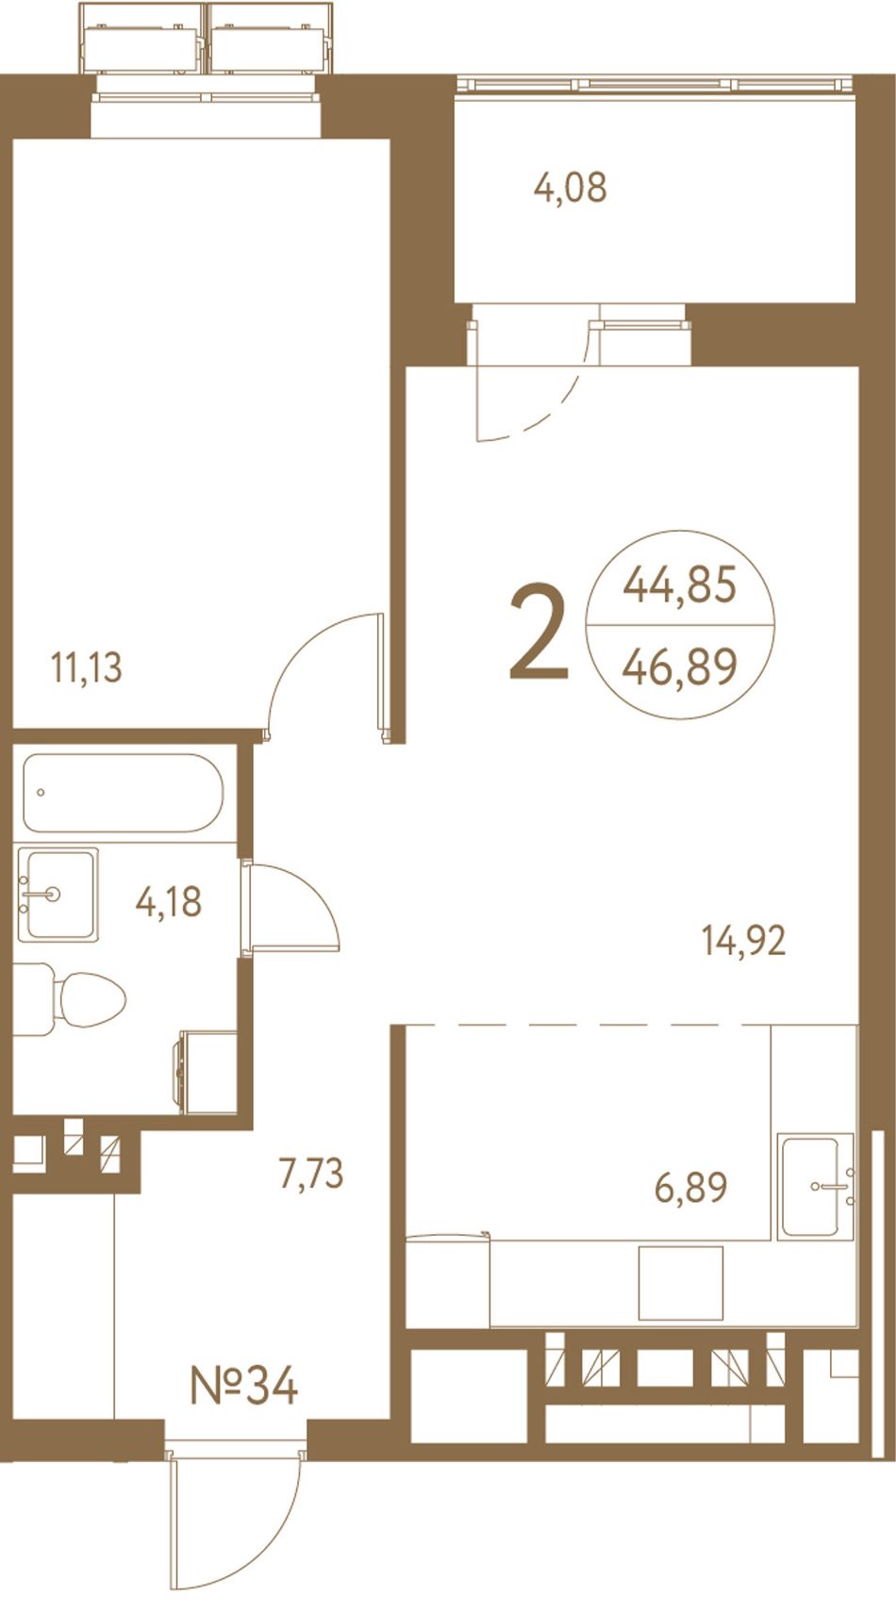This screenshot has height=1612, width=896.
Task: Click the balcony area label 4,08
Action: coord(571,188)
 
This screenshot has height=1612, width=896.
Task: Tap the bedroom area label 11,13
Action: coord(87,667)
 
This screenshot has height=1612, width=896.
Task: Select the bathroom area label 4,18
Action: coord(169,901)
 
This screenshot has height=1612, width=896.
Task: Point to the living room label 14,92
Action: coord(744,941)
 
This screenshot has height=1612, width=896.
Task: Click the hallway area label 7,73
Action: coord(311,1173)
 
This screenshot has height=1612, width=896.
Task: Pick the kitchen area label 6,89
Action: coord(690,1187)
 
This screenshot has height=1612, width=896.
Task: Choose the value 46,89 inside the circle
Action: coord(680,666)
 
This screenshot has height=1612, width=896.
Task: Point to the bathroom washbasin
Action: coord(58,895)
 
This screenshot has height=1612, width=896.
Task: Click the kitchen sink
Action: coord(817,1186)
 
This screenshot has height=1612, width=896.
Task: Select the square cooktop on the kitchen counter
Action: coord(681,1284)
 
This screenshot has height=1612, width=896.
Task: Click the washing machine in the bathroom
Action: coord(206,1072)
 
